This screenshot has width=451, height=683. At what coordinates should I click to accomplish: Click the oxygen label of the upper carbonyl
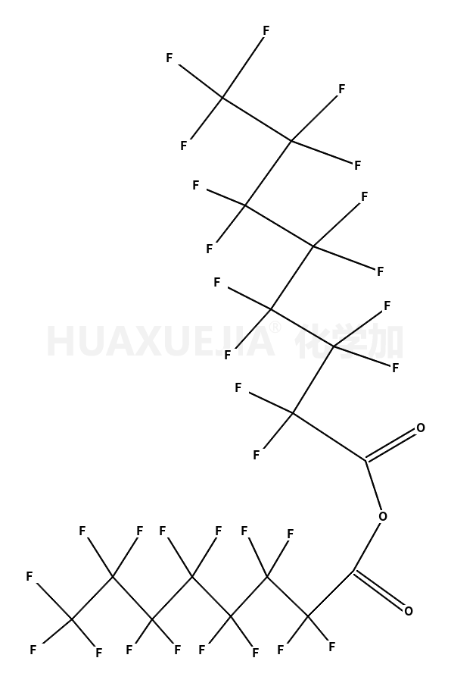pos(421,428)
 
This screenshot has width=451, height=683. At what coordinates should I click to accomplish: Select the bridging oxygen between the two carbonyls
pos(383,516)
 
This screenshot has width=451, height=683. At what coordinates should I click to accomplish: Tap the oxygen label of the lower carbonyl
pos(409,611)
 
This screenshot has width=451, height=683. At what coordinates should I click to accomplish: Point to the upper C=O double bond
pos(391,445)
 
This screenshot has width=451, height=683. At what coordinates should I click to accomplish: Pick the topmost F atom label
pos(266,30)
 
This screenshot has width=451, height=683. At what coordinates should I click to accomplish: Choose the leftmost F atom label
pos(30,577)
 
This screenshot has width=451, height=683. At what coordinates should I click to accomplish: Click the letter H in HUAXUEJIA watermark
pos(58,341)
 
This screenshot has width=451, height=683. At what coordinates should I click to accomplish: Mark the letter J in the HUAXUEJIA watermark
pos(222,341)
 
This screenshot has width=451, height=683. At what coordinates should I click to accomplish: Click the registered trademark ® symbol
pos(275,327)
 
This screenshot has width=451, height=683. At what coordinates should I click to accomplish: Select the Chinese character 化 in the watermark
pos(312,341)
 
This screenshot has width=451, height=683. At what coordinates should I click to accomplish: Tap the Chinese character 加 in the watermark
pos(387,341)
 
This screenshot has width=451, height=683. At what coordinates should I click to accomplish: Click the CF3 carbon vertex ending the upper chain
pos(223,97)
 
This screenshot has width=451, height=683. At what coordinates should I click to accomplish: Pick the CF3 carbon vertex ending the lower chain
pos(72,619)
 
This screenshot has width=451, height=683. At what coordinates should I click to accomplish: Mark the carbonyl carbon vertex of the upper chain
pos(365,460)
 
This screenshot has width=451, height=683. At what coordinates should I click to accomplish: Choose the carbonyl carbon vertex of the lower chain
pos(353,571)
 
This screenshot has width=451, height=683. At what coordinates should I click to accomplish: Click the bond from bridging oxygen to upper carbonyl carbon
pos(373,485)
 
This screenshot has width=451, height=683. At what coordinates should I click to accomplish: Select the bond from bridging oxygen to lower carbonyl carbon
pos(366,547)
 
